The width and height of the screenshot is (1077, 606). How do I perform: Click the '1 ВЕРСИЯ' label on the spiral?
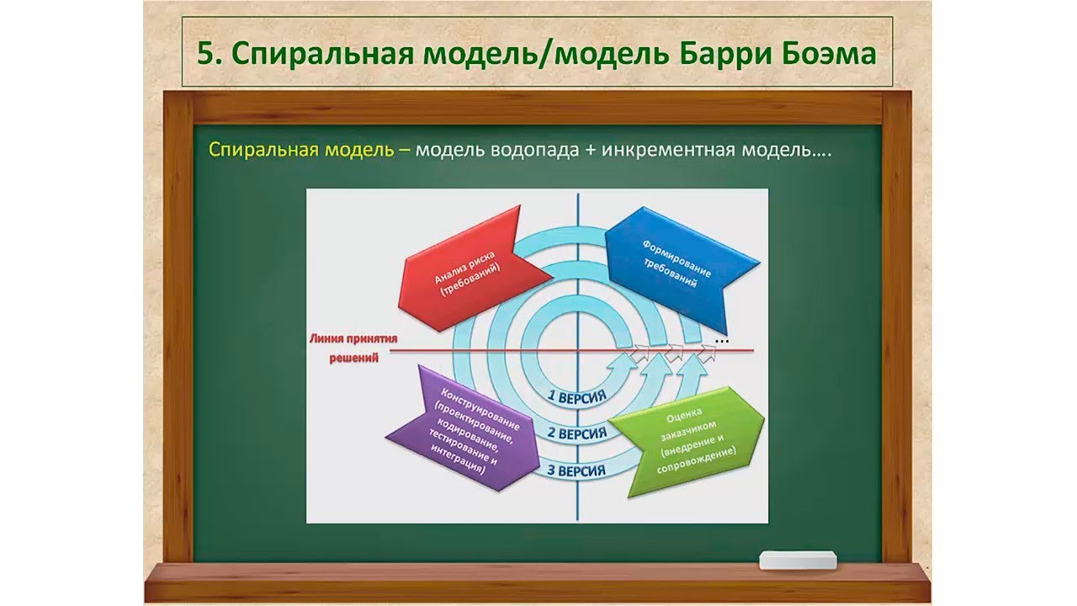coord(577,396)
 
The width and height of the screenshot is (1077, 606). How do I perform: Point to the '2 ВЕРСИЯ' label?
coord(577,433)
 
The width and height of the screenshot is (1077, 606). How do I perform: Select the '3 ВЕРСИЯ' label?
coord(576,470)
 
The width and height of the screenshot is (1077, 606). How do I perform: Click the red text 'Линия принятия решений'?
coord(353,348)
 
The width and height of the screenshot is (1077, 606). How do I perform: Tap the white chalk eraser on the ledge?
coord(798,561)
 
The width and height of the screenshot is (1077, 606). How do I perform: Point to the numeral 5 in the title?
coord(205,54)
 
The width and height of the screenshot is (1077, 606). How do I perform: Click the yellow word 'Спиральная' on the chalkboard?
coord(263,150)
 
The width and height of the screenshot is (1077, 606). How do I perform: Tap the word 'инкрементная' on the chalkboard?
coord(668,151)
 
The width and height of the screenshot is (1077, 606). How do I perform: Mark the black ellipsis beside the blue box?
coord(722,341)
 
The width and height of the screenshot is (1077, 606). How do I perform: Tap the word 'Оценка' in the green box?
coord(677,415)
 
